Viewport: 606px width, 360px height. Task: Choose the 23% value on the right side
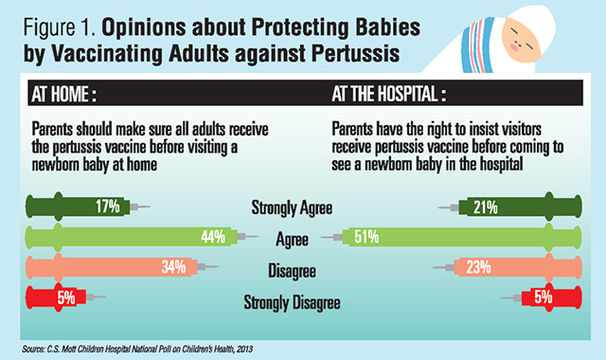(473, 268)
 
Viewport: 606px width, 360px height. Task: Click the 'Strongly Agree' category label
(296, 207)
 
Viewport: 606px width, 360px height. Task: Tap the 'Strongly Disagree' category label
(296, 303)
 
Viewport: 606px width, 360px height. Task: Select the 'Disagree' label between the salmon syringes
(296, 272)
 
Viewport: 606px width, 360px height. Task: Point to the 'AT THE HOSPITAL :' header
(386, 97)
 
